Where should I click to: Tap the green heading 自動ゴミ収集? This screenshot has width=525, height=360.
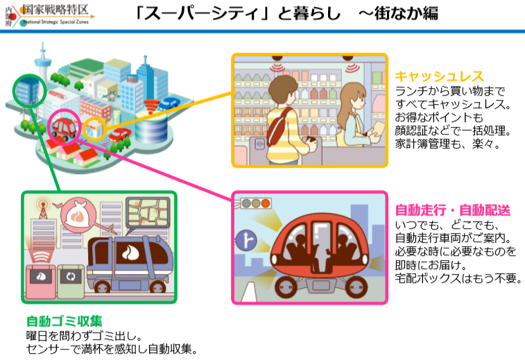[x=64, y=321]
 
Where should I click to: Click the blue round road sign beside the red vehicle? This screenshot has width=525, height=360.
[x=247, y=241]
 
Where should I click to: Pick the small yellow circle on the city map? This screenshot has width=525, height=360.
[x=95, y=128]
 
